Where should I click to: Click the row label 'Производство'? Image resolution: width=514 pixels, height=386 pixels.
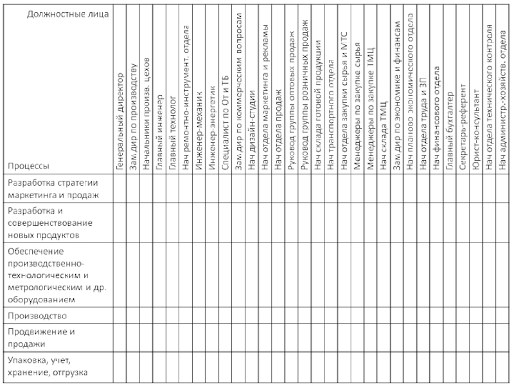click(x=37, y=316)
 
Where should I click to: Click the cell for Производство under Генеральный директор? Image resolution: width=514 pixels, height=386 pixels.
click(x=120, y=316)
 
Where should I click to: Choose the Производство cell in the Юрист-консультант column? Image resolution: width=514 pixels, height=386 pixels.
click(x=476, y=316)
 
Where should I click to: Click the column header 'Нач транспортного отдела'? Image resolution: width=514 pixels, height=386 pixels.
click(x=331, y=116)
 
